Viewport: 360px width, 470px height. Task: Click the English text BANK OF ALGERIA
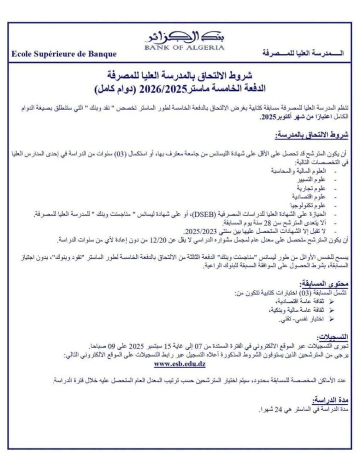pyautogui.click(x=184, y=47)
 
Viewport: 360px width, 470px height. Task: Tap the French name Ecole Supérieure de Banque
pyautogui.click(x=64, y=54)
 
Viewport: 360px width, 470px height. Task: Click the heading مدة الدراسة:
pyautogui.click(x=327, y=400)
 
